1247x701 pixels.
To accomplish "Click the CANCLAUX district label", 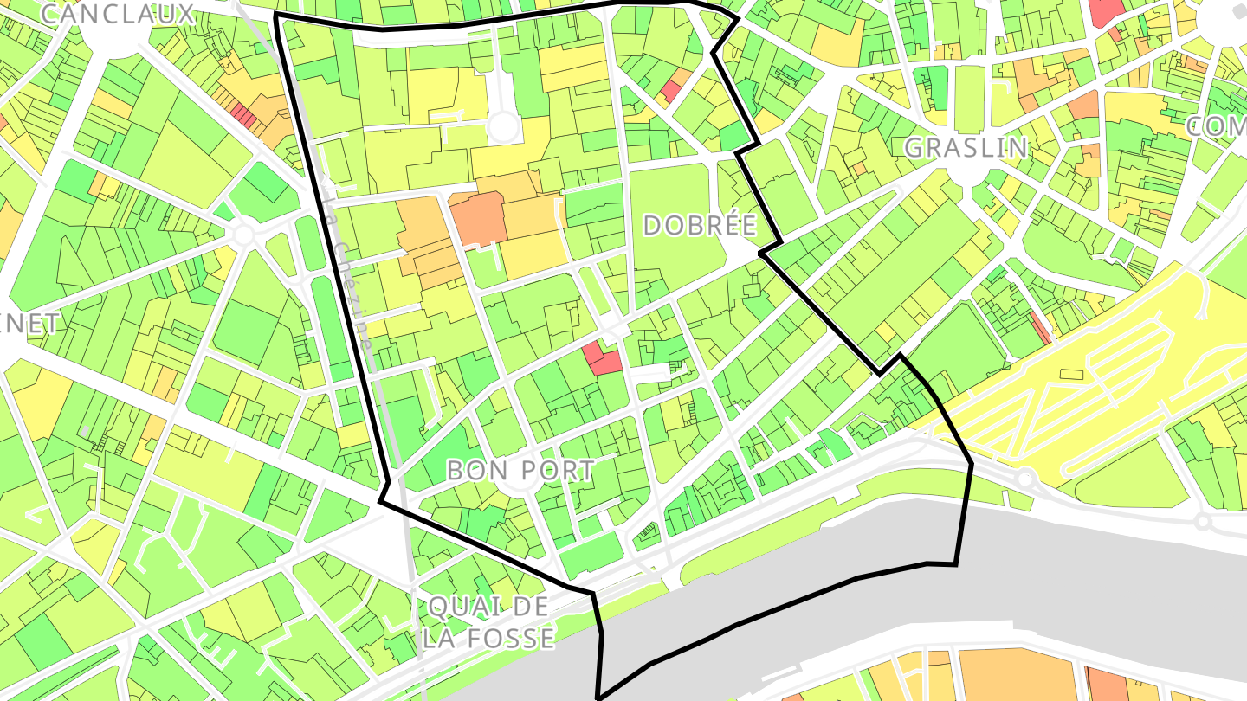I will pos(118,14).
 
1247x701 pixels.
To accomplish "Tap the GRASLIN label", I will pos(966,148).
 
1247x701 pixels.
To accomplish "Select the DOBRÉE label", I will pos(700,226).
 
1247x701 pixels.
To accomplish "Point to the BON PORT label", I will pos(520,470).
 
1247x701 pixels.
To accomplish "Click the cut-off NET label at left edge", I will pos(30,324).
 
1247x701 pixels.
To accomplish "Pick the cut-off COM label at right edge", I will pos(1216,126).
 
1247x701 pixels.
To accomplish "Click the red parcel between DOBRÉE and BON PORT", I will pos(603,357).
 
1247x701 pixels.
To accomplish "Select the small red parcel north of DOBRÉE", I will pos(671,90).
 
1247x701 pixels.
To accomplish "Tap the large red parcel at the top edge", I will pos(1106,12).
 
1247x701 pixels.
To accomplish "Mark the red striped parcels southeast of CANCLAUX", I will pos(243,113).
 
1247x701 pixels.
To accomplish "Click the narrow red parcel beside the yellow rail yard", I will pos(1040,327).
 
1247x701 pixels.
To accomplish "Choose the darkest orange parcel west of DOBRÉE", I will pos(478,218).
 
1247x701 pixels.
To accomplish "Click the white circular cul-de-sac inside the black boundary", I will pos(503,128).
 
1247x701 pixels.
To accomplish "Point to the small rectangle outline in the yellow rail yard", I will pos(1071,374).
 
